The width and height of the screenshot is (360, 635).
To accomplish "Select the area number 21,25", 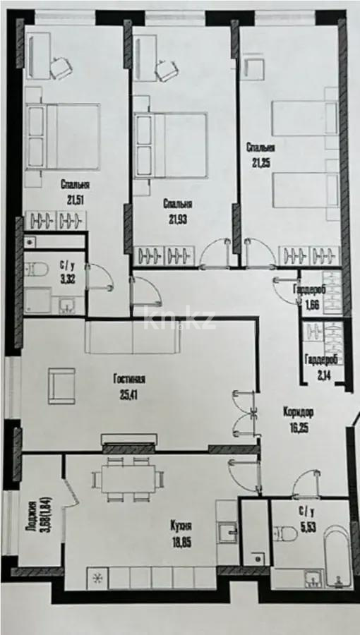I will (x=260, y=162).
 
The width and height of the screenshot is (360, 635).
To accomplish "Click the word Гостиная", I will (x=129, y=379).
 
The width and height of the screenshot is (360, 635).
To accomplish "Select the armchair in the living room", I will (x=61, y=387).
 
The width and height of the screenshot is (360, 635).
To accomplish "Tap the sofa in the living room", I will (x=133, y=337).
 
